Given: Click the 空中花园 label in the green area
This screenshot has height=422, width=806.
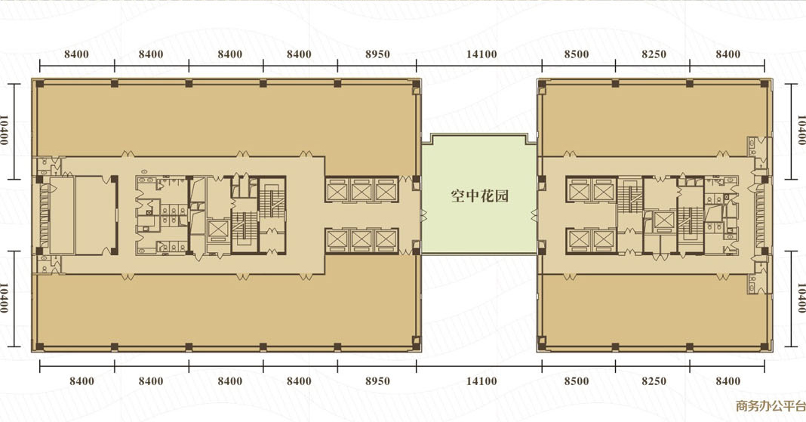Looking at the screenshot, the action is pyautogui.click(x=479, y=196).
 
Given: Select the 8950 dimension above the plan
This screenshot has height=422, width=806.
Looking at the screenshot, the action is pyautogui.click(x=377, y=54).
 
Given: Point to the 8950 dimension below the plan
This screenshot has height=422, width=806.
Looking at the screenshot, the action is pyautogui.click(x=377, y=381).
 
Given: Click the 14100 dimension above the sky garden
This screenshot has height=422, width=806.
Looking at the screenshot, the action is pyautogui.click(x=481, y=54).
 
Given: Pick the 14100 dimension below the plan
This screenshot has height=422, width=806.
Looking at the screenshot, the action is pyautogui.click(x=481, y=381).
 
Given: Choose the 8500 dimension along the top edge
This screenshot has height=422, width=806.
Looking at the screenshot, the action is pyautogui.click(x=577, y=54).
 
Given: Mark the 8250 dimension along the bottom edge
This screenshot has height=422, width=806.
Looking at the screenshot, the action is pyautogui.click(x=654, y=381).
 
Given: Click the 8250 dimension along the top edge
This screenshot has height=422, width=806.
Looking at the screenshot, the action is pyautogui.click(x=654, y=54).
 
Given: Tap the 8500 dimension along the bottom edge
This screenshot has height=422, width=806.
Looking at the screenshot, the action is pyautogui.click(x=577, y=381).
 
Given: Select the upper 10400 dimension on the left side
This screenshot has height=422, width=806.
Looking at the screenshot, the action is pyautogui.click(x=5, y=130).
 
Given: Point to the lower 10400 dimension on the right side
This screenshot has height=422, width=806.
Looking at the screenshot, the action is pyautogui.click(x=801, y=297).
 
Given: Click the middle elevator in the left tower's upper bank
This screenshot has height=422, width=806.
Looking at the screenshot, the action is pyautogui.click(x=361, y=190).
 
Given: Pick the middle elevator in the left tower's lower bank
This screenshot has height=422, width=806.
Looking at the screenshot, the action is pyautogui.click(x=361, y=239).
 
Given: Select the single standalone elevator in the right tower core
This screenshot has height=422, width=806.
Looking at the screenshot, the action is pyautogui.click(x=663, y=220).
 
